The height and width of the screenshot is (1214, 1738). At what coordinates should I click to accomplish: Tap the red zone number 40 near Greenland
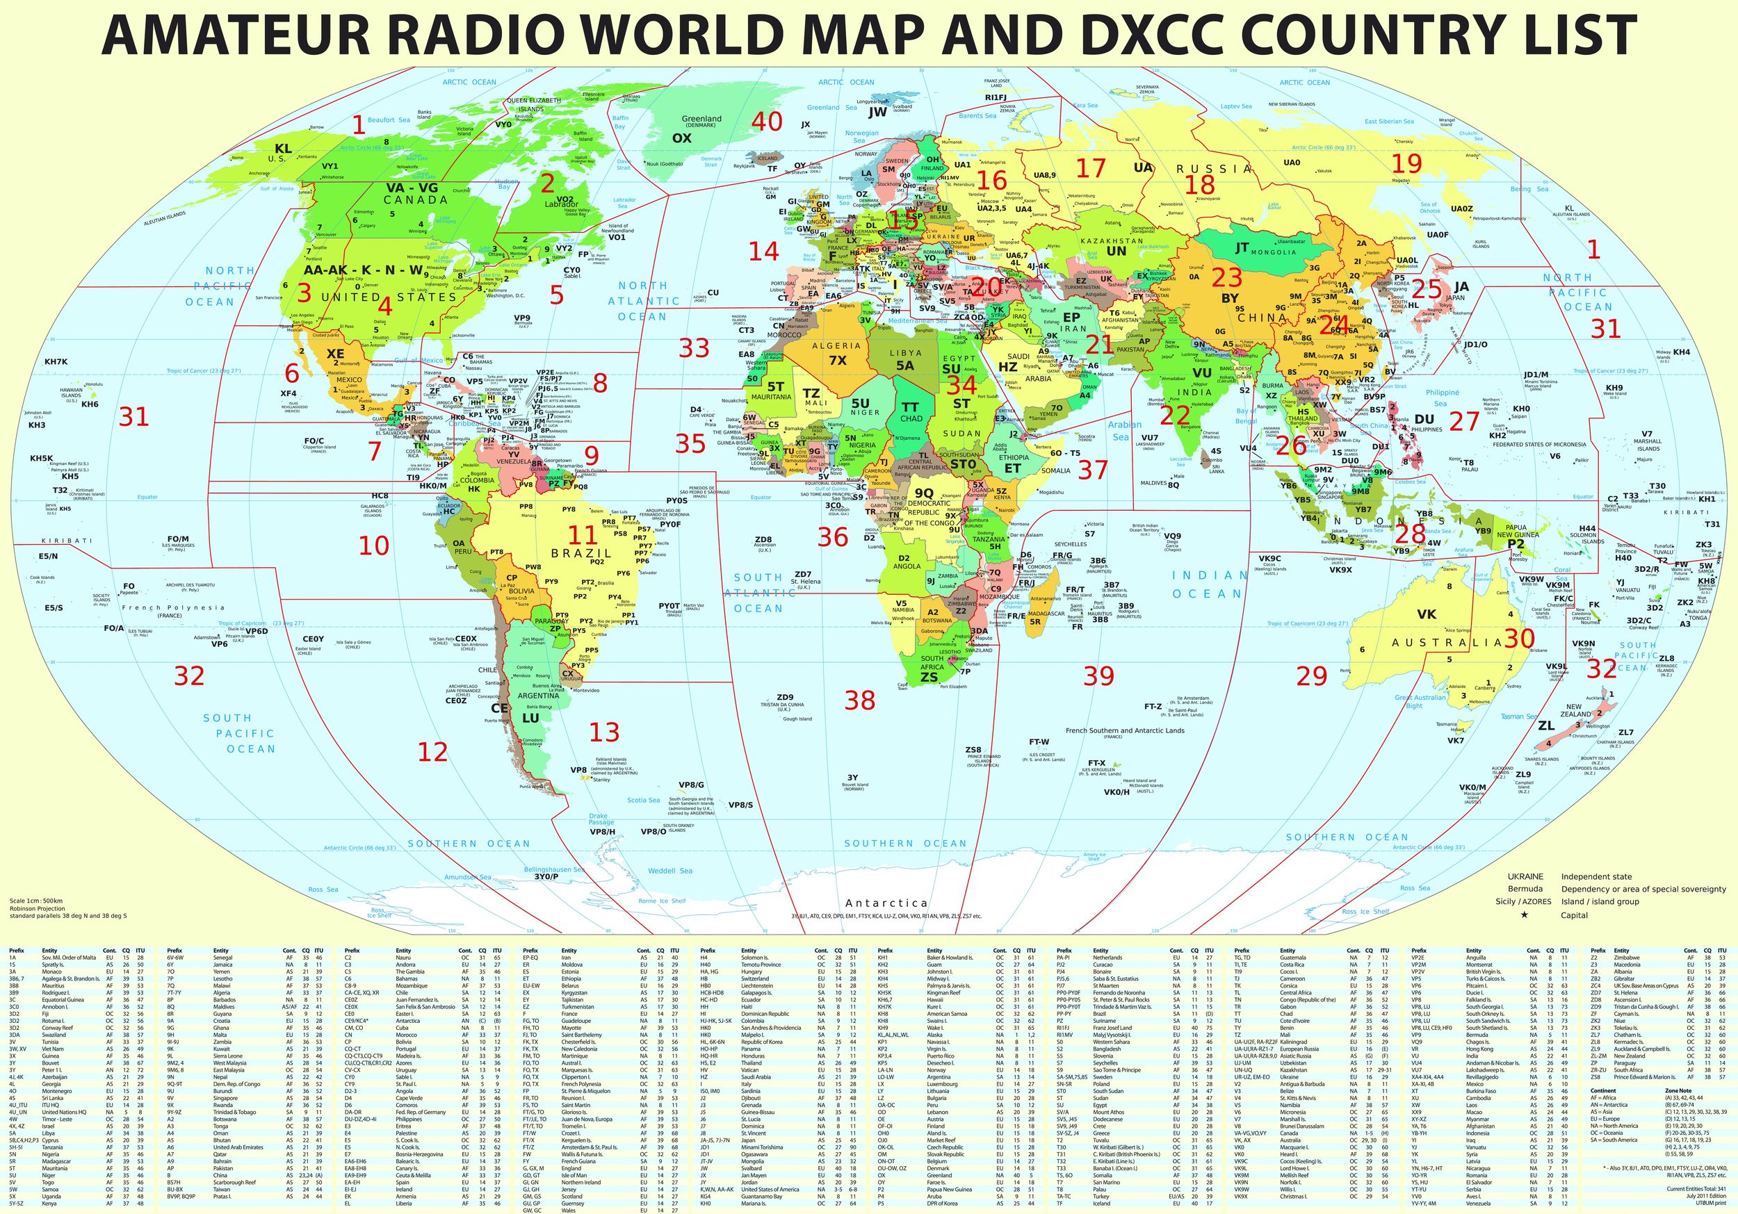(x=766, y=121)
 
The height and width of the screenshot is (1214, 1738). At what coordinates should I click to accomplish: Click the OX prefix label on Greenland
(x=681, y=138)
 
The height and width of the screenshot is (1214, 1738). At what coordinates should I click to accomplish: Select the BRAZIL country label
(x=581, y=553)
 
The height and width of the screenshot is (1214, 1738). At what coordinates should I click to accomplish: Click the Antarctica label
(x=886, y=903)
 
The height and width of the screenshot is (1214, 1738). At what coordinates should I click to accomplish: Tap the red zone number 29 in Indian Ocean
(x=1311, y=675)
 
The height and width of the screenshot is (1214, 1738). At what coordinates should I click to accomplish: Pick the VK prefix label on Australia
(x=1426, y=614)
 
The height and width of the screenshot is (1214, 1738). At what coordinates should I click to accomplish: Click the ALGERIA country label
(x=836, y=346)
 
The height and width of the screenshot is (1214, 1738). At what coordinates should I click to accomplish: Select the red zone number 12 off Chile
(x=433, y=752)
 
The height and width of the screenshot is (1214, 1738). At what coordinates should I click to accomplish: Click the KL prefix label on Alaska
(x=283, y=149)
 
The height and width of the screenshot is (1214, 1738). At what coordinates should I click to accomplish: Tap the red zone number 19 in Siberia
(x=1406, y=163)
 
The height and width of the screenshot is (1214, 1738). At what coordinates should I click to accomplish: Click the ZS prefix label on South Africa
(x=929, y=678)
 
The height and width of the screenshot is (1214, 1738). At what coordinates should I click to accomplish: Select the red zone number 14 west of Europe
(x=763, y=252)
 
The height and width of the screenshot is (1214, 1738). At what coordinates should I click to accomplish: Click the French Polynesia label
(x=185, y=607)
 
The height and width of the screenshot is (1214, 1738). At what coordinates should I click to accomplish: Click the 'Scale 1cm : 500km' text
(x=35, y=901)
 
